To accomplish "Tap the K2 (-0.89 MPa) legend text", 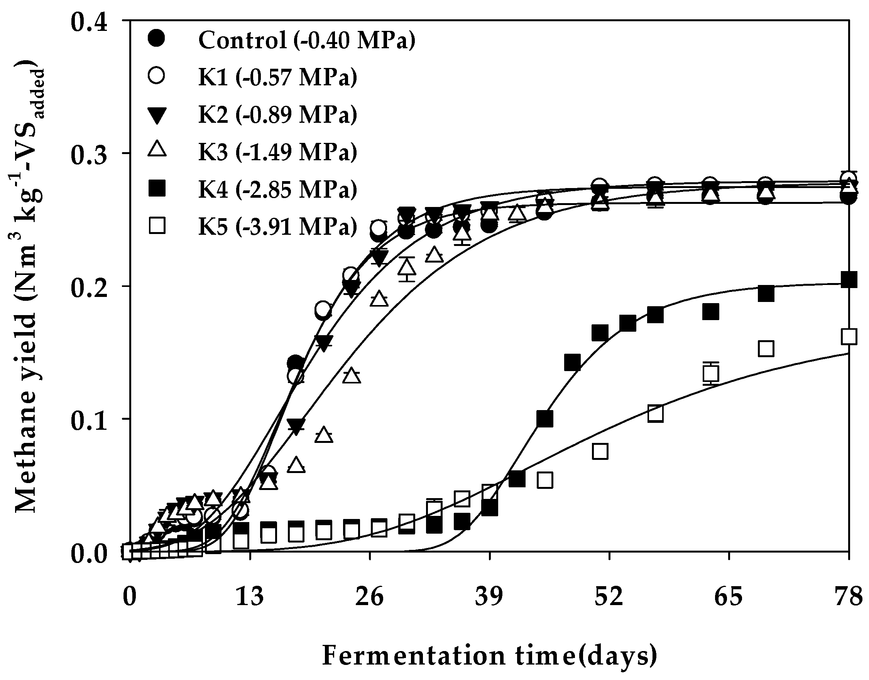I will pyautogui.click(x=278, y=114).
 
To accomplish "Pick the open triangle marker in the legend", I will pyautogui.click(x=157, y=151).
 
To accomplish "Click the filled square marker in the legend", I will pyautogui.click(x=157, y=188).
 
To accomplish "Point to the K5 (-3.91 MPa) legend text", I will pyautogui.click(x=278, y=227).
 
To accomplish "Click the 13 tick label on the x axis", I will pyautogui.click(x=250, y=597).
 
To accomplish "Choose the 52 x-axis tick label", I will pyautogui.click(x=609, y=597).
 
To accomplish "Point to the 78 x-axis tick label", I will pyautogui.click(x=848, y=597).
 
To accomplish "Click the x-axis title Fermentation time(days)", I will pyautogui.click(x=489, y=656).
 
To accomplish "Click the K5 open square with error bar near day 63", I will pyautogui.click(x=711, y=373).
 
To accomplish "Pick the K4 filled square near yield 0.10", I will pyautogui.click(x=545, y=419).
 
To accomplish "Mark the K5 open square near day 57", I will pyautogui.click(x=655, y=414).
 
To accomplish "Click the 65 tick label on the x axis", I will pyautogui.click(x=729, y=597).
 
